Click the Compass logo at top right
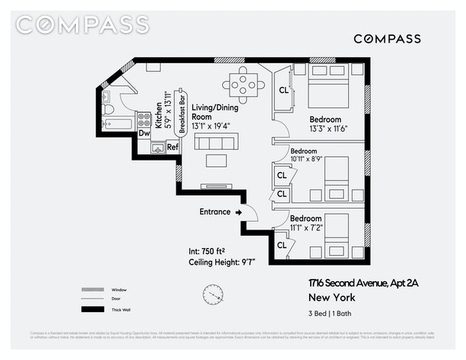386,38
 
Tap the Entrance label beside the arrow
215,211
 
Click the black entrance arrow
239,212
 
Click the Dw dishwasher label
144,133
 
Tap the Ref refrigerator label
173,147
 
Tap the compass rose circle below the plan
212,294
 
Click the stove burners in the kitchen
144,118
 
